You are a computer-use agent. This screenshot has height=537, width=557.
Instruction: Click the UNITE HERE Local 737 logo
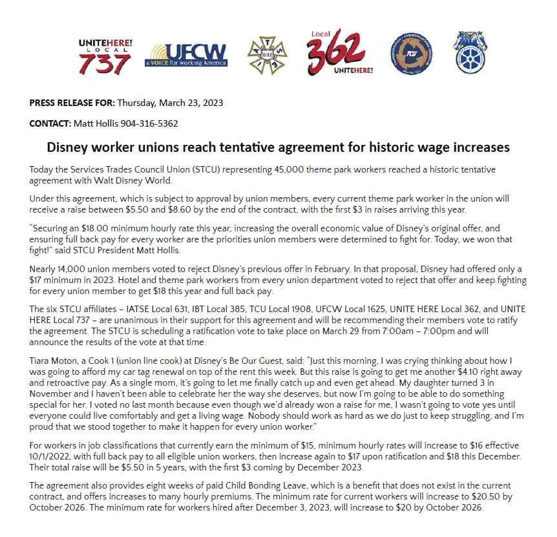coord(105,56)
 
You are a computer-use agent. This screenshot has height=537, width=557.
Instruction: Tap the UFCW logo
coord(186,56)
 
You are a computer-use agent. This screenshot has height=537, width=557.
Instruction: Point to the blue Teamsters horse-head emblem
coord(470,52)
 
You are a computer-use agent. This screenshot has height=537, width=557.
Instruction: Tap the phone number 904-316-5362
coord(148,123)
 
